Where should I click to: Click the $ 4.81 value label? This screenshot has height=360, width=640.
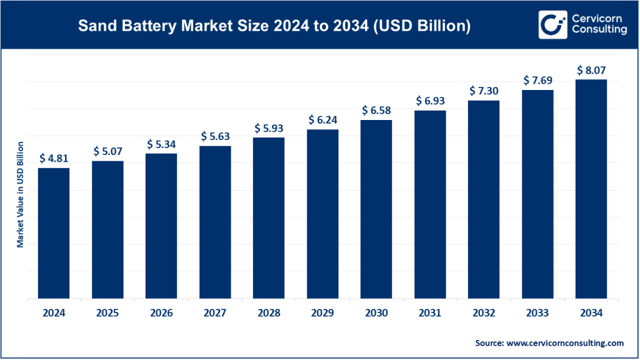pyautogui.click(x=54, y=159)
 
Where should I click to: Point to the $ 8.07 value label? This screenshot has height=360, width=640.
pyautogui.click(x=591, y=70)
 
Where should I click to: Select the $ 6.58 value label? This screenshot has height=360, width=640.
pyautogui.click(x=376, y=111)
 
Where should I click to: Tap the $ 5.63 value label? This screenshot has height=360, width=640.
pyautogui.click(x=215, y=136)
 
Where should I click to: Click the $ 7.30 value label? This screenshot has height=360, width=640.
pyautogui.click(x=484, y=91)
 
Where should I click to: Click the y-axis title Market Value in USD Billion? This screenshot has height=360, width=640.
pyautogui.click(x=20, y=194)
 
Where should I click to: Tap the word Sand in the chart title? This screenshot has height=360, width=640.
pyautogui.click(x=94, y=26)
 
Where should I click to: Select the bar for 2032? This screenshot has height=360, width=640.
pyautogui.click(x=484, y=199)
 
